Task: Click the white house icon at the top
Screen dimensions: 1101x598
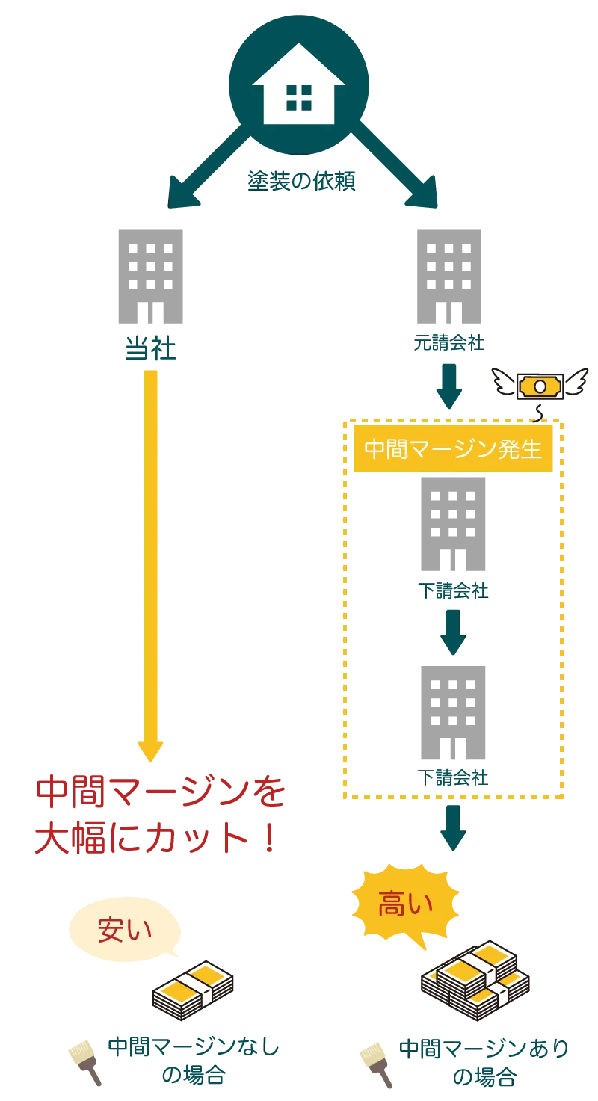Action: coord(298,84)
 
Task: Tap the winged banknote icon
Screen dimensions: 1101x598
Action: coord(540,385)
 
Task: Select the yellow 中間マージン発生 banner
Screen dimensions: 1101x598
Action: coord(453,449)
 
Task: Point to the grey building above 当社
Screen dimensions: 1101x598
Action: coord(149,277)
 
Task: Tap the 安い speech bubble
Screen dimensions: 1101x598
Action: coord(125,929)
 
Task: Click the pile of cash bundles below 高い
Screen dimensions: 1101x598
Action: coord(475,980)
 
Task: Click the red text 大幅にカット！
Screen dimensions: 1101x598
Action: coord(156,839)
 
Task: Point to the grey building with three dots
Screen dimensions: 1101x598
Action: coord(454,713)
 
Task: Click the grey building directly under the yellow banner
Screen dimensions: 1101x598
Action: coord(454,523)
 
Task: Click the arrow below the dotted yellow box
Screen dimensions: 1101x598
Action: coord(452,828)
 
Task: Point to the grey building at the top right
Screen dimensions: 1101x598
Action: coord(449,277)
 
